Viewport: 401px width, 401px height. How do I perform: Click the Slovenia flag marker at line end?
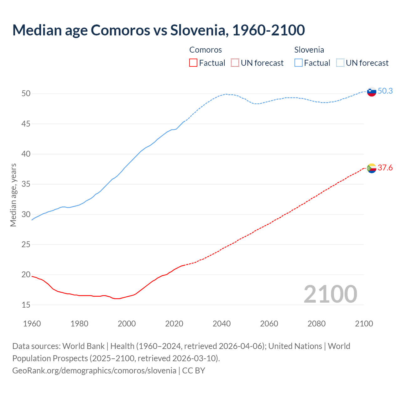coord(372,91)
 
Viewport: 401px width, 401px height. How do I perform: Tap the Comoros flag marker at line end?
coord(372,168)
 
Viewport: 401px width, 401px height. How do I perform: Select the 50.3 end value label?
coord(385,91)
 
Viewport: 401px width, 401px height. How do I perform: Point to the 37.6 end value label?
coord(385,168)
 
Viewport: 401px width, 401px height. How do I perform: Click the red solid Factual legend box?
coord(193,63)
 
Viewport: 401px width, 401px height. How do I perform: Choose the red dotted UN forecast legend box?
coord(235,63)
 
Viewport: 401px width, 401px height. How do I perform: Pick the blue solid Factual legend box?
coord(299,63)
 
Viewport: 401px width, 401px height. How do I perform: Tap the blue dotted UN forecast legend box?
coord(340,63)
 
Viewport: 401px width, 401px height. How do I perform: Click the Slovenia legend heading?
coord(309,50)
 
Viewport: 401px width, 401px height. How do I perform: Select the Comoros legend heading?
coord(206,50)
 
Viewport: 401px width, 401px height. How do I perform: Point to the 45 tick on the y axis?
coord(26,124)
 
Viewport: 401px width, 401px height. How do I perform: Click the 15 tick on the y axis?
coord(26,305)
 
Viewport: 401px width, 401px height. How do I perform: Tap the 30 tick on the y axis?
coord(26,214)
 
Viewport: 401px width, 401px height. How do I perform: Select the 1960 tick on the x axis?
coord(32,324)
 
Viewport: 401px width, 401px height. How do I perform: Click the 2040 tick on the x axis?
coord(221,324)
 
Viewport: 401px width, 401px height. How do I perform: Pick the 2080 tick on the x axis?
coord(316,324)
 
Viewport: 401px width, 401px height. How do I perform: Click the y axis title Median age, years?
coord(13,195)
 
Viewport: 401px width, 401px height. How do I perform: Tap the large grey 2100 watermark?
coord(330,294)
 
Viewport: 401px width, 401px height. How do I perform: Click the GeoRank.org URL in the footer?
coord(94,371)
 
